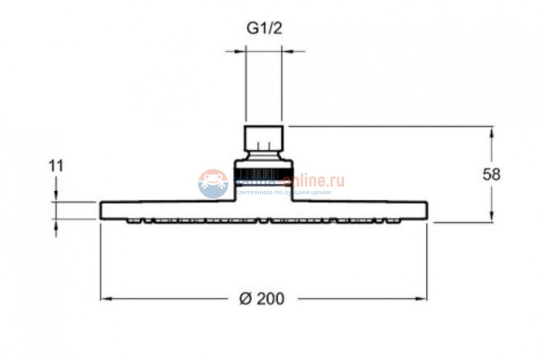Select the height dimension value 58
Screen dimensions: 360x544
pyautogui.click(x=492, y=174)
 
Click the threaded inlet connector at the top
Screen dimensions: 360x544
pyautogui.click(x=264, y=138)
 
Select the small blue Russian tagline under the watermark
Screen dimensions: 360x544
pyautogui.click(x=285, y=193)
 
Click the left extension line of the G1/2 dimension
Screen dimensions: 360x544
pyautogui.click(x=244, y=84)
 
